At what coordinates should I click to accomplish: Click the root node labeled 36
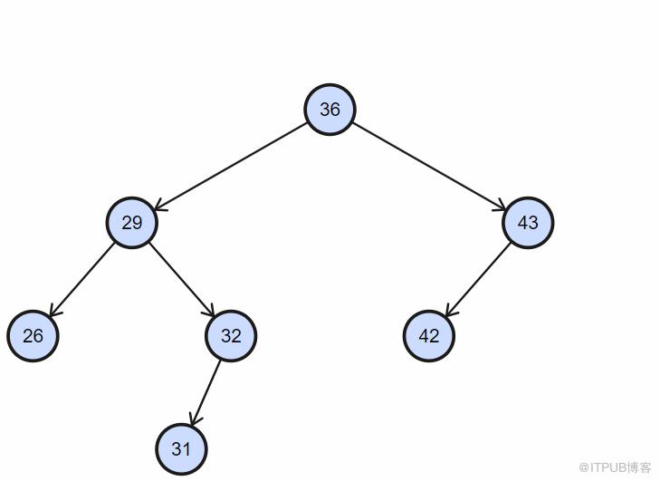pyautogui.click(x=330, y=110)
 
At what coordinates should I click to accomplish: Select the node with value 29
pyautogui.click(x=132, y=223)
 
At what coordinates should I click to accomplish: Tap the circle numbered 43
pyautogui.click(x=528, y=223)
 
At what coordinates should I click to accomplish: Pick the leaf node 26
pyautogui.click(x=33, y=336)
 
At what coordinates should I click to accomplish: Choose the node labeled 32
pyautogui.click(x=231, y=336)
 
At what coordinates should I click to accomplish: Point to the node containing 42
pyautogui.click(x=429, y=336)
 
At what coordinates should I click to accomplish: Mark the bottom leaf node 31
pyautogui.click(x=181, y=449)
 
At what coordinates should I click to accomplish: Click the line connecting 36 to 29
pyautogui.click(x=231, y=166)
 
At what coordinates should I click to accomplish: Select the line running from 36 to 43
pyautogui.click(x=429, y=166)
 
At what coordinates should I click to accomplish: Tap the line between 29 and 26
pyautogui.click(x=81, y=279)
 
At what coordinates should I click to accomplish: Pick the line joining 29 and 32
pyautogui.click(x=182, y=279)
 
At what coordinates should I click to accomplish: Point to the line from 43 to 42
pyautogui.click(x=478, y=279)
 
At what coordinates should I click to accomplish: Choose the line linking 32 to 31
pyautogui.click(x=206, y=393)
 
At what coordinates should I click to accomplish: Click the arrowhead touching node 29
pyautogui.click(x=160, y=206)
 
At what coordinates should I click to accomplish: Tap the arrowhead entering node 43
pyautogui.click(x=500, y=206)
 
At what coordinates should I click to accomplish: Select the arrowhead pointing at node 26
pyautogui.click(x=54, y=310)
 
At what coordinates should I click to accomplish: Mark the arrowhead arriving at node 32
pyautogui.click(x=209, y=310)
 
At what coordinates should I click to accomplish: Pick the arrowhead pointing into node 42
pyautogui.click(x=451, y=310)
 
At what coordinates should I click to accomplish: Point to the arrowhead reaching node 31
pyautogui.click(x=195, y=420)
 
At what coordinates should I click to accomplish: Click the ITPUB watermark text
pyautogui.click(x=615, y=467)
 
